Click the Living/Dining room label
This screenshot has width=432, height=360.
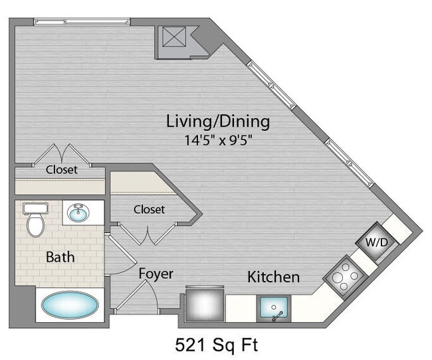pos(217,122)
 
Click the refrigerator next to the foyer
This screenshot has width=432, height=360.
pos(205,304)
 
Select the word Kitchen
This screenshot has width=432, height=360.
pos(273,276)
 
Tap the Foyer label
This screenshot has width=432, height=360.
pos(156,274)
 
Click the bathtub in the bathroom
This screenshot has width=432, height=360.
pos(70,306)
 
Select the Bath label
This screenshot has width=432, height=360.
pos(60,257)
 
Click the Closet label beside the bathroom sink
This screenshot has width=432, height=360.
pos(149,209)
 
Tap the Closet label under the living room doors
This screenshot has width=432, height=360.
pos(61,169)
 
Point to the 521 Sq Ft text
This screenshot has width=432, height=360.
pos(216,345)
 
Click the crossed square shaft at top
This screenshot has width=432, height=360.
pos(174,39)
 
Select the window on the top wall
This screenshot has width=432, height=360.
pos(81,21)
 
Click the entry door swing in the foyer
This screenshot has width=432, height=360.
pos(143,296)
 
